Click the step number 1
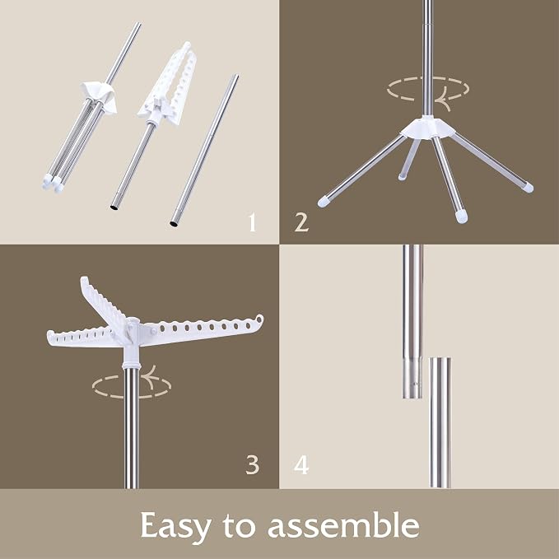pyautogui.click(x=253, y=222)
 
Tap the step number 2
pyautogui.click(x=301, y=222)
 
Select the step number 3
pyautogui.click(x=253, y=465)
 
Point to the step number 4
pyautogui.click(x=301, y=465)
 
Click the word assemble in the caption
pyautogui.click(x=343, y=524)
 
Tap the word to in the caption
pyautogui.click(x=240, y=526)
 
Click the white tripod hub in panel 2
pyautogui.click(x=427, y=128)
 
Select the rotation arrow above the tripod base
pyautogui.click(x=428, y=90)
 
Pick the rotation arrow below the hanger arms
pyautogui.click(x=132, y=385)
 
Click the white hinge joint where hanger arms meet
pyautogui.click(x=131, y=330)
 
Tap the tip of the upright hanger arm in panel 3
pyautogui.click(x=84, y=279)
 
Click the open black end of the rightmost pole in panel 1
pyautogui.click(x=175, y=224)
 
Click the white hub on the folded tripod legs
pyautogui.click(x=99, y=95)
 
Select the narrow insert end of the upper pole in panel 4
pyautogui.click(x=412, y=379)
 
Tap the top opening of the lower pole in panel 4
pyautogui.click(x=440, y=359)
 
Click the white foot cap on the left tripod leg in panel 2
pyautogui.click(x=324, y=203)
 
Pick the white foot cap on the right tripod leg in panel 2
pyautogui.click(x=528, y=187)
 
